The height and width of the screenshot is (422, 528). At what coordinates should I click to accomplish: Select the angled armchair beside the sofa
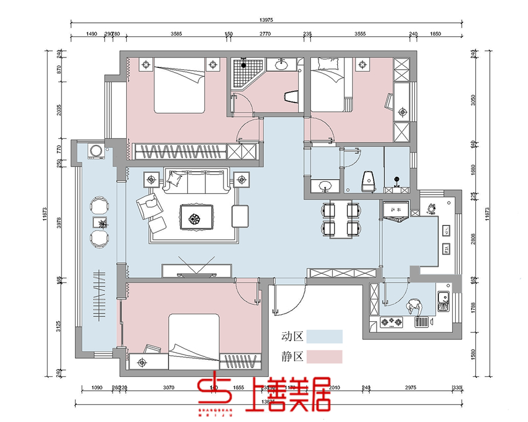148,205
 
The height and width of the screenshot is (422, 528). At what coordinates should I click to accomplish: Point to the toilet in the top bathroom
290,96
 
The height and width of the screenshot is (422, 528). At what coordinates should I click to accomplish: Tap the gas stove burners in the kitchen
391,322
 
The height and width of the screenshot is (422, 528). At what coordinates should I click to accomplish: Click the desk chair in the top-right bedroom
390,102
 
